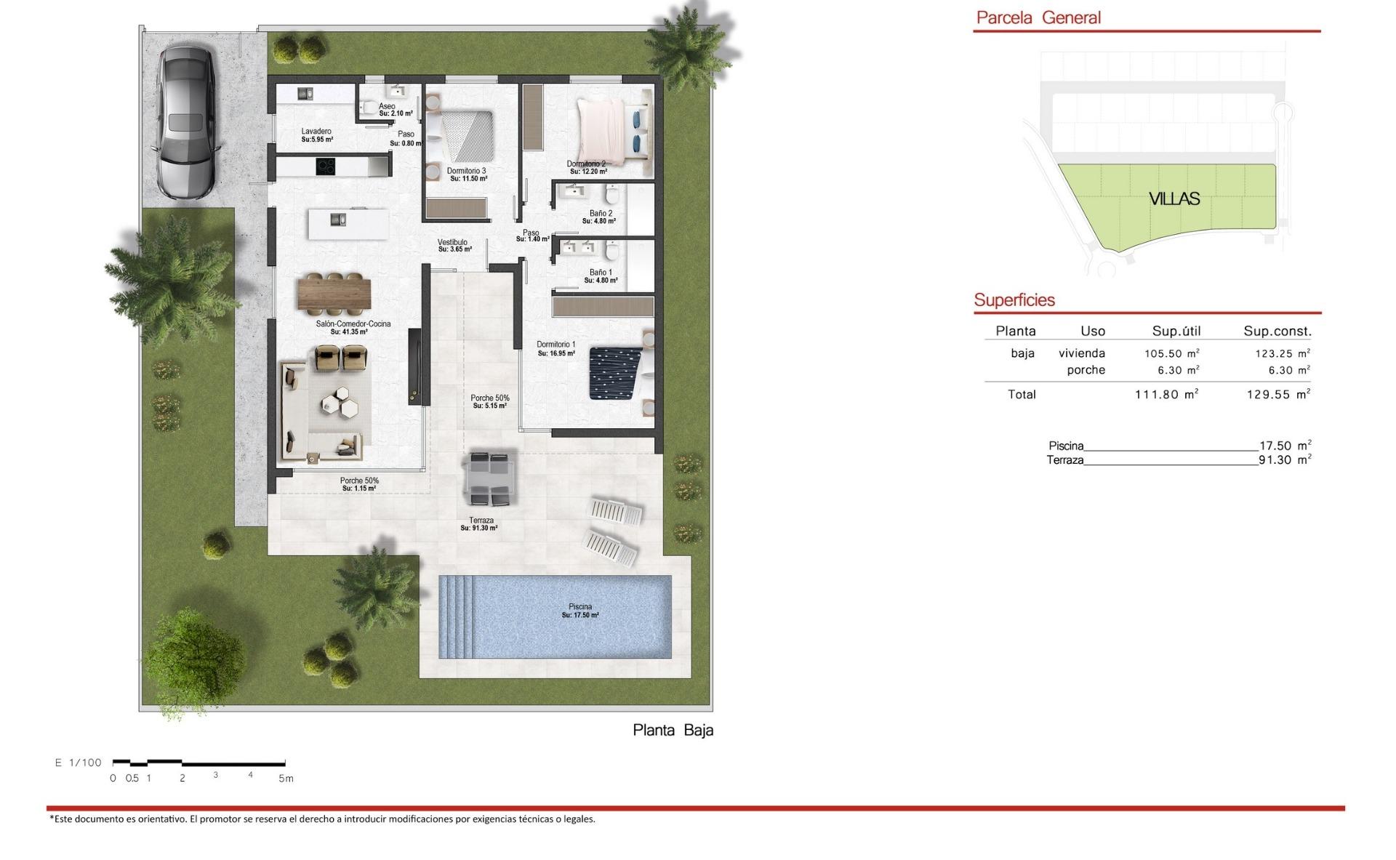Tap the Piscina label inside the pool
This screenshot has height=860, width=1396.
pos(580,607)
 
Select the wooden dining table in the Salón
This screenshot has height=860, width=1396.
pos(334,294)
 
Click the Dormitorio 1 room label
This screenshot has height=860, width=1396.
pos(556,345)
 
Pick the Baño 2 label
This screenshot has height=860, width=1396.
pos(601,214)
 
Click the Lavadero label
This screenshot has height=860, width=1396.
pos(316,132)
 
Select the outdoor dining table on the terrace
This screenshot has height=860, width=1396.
pos(489,478)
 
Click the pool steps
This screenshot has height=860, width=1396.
pos(456,616)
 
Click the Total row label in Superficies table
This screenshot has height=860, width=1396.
pos(1022,395)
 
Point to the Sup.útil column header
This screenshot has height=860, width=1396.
pos(1176,331)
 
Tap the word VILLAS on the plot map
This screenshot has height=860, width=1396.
pos(1174,198)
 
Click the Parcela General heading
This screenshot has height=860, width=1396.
pos(1038,17)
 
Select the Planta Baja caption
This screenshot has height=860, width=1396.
pos(673,730)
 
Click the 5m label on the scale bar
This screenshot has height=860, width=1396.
pos(286,779)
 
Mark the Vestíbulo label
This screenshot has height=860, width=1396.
pos(452,242)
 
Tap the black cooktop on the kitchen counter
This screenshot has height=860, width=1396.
pos(326,166)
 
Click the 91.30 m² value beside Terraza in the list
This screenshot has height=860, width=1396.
pos(1285,459)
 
